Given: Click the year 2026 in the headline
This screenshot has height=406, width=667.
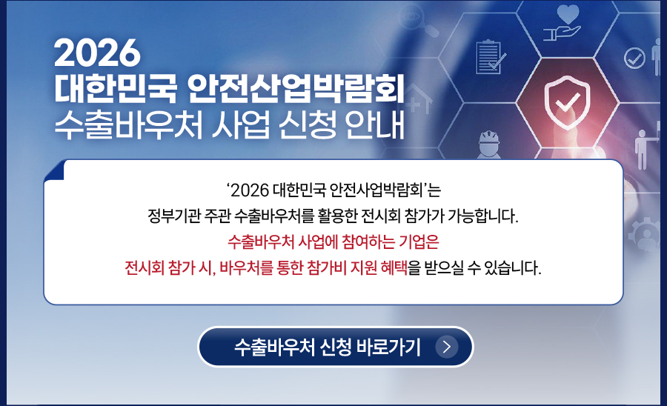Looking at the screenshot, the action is point(97,53).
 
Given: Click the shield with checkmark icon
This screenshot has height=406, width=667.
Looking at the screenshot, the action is point(567,102).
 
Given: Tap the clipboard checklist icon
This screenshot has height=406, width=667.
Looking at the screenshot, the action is point(490,56).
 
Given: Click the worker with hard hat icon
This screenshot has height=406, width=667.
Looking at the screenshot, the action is point(489,144).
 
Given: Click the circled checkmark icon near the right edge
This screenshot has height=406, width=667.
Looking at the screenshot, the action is point(634,59).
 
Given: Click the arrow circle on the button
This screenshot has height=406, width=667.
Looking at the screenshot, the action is point(447,347).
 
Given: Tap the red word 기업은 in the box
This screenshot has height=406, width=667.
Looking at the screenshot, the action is point(419,242).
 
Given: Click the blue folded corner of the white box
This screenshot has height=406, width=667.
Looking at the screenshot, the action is point(54,170).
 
